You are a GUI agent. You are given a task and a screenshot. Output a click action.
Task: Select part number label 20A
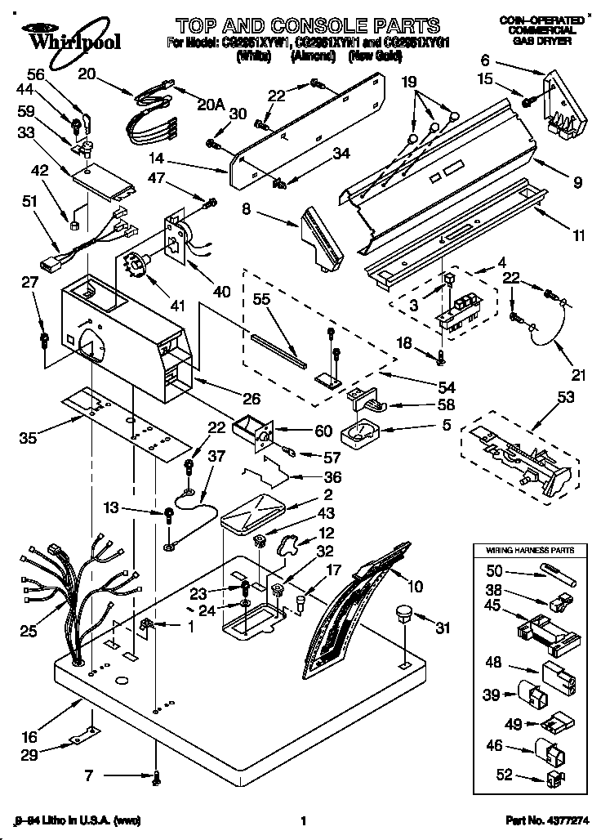coord(211,104)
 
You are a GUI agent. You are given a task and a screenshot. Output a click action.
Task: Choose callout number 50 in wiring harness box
coord(493,572)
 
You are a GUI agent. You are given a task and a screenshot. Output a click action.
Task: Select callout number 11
coord(578,236)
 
